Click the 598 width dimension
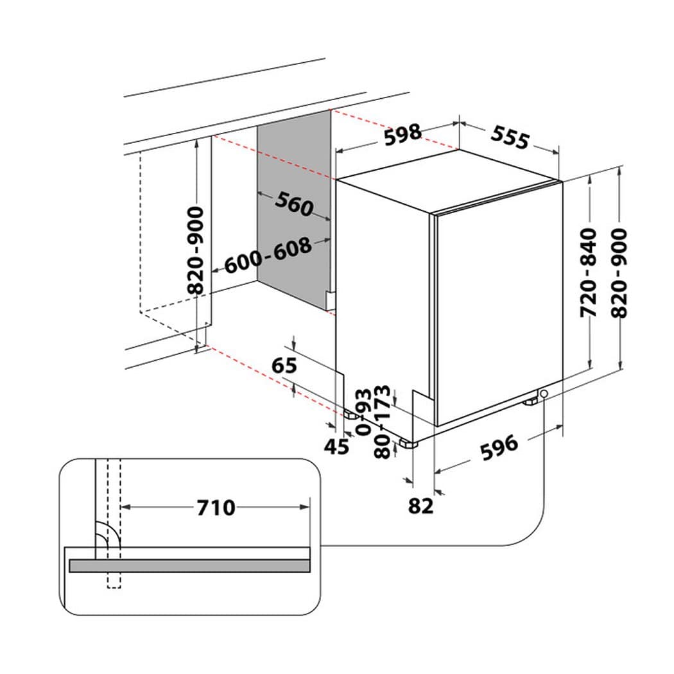pyautogui.click(x=402, y=135)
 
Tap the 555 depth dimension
pyautogui.click(x=510, y=137)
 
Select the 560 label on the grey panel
pyautogui.click(x=295, y=203)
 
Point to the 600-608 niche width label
pyautogui.click(x=268, y=255)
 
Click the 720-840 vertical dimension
pyautogui.click(x=589, y=273)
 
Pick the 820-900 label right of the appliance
pyautogui.click(x=619, y=273)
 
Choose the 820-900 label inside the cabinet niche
pyautogui.click(x=196, y=250)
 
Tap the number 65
pyautogui.click(x=284, y=365)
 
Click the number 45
pyautogui.click(x=336, y=447)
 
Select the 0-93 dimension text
pyautogui.click(x=364, y=412)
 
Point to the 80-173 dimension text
pyautogui.click(x=382, y=422)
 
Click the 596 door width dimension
pyautogui.click(x=499, y=448)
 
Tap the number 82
pyautogui.click(x=420, y=506)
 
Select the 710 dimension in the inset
pyautogui.click(x=216, y=508)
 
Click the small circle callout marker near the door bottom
pyautogui.click(x=544, y=393)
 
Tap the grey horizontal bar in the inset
pyautogui.click(x=189, y=566)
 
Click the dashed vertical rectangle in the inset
pyautogui.click(x=114, y=524)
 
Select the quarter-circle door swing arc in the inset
pyautogui.click(x=110, y=533)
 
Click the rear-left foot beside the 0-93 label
pyautogui.click(x=351, y=415)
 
